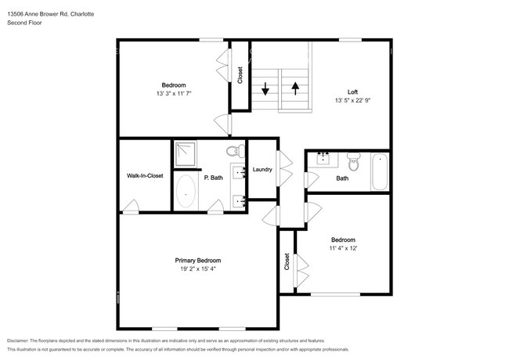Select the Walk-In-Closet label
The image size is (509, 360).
coord(145,176)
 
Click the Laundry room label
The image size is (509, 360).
coord(262,169)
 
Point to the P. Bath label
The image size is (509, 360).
coord(213,178)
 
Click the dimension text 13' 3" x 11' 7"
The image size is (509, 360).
coord(173,93)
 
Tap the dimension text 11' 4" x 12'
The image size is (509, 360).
coord(342,248)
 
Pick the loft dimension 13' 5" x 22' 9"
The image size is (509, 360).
coord(352,100)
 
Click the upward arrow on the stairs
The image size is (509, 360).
coord(294,87)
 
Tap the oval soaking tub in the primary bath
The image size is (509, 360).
coord(186,190)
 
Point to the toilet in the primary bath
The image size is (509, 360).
coord(233,151)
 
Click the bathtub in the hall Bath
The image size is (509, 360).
coord(380,172)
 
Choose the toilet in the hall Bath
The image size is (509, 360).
coord(353,163)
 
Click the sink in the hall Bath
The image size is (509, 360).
coord(322,159)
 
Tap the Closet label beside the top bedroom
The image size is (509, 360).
coord(240,75)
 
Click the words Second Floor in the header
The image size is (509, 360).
coord(24,23)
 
